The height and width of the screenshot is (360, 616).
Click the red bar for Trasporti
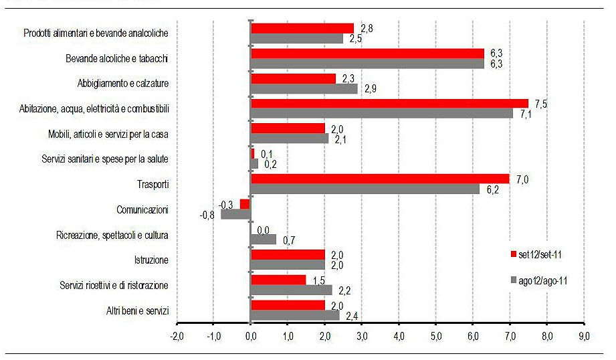[x=380, y=179]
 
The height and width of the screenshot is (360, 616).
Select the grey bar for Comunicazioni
[x=235, y=214]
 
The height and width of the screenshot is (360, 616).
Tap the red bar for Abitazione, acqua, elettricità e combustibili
[x=389, y=103]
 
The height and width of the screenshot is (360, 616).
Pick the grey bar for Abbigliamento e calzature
[x=304, y=88]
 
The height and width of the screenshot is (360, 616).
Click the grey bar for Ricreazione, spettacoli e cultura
[x=263, y=239]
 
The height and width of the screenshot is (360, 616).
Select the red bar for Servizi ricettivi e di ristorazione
[x=278, y=279]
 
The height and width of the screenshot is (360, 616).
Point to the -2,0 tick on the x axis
[x=177, y=335]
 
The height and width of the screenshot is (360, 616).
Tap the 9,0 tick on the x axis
[x=584, y=335]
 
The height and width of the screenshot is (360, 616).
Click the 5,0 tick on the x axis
[x=436, y=335]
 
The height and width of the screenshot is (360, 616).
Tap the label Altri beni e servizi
[x=137, y=311]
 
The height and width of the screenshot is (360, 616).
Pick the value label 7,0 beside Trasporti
[x=522, y=179]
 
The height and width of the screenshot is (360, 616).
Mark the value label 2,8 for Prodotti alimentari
[x=367, y=28]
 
